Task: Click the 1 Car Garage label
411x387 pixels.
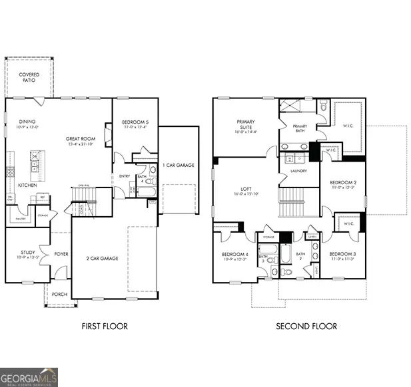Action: click(x=179, y=164)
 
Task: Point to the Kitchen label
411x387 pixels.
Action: click(x=27, y=185)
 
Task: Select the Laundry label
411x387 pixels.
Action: click(x=297, y=171)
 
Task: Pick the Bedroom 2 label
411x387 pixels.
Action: click(x=343, y=185)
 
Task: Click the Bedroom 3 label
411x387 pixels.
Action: click(x=342, y=256)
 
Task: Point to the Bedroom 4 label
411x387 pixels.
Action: click(x=234, y=256)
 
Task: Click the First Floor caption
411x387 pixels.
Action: click(x=104, y=326)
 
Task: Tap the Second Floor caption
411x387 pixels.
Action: click(x=306, y=326)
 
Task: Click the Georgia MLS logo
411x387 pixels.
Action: click(x=29, y=376)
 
